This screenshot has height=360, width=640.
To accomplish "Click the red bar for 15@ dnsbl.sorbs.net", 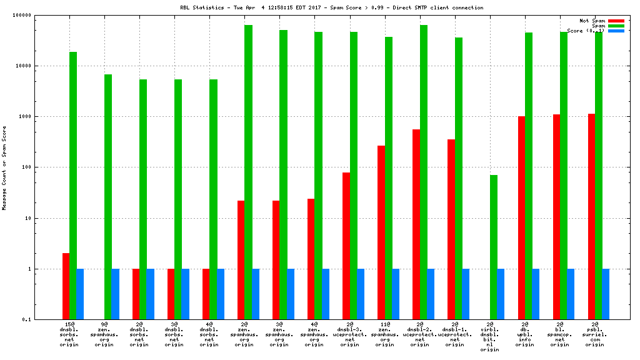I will pos(66,286).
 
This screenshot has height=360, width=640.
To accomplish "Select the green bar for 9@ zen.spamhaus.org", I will pos(108,197).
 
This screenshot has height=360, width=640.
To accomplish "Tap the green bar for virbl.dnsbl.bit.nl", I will pos(494,247).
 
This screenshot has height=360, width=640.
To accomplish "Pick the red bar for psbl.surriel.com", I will pos(591,216).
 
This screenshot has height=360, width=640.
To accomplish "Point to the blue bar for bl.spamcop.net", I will pos(571,294).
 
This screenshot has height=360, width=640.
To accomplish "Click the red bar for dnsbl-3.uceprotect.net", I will pos(346,246).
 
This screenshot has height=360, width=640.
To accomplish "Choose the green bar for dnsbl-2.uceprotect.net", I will pos(424,172).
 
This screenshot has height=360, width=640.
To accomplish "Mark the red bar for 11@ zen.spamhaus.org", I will pos(381,232).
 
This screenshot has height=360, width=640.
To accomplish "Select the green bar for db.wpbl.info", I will pos(529,176).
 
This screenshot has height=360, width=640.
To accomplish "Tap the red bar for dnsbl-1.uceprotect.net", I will pos(451,229).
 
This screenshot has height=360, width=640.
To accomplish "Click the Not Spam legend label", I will pos(592,21).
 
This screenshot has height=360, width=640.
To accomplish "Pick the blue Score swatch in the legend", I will pos(616,31).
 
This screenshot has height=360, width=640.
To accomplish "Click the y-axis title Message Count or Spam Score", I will pos(4,167).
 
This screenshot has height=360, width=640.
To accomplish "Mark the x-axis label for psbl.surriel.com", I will pos(595,334).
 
